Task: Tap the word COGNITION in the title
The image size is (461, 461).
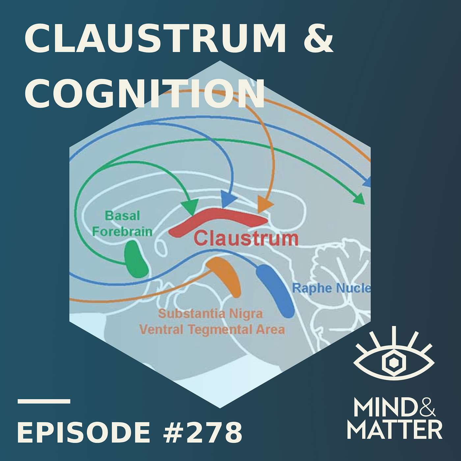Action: tap(144, 94)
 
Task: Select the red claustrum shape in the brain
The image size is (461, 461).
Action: tap(217, 221)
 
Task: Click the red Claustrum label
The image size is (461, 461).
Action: tap(246, 238)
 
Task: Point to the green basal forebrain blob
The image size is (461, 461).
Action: tap(135, 259)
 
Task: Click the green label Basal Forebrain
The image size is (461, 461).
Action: tap(122, 224)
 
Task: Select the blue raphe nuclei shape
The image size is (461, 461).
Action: tap(275, 291)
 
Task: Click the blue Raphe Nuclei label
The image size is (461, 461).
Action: tap(331, 288)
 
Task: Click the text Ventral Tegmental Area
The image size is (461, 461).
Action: tap(212, 329)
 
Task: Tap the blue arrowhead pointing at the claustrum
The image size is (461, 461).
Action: tap(229, 200)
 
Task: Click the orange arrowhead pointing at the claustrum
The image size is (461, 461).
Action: tap(264, 204)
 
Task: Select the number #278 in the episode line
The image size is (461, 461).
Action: tap(203, 432)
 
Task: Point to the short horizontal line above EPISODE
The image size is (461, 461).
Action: tap(44, 401)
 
